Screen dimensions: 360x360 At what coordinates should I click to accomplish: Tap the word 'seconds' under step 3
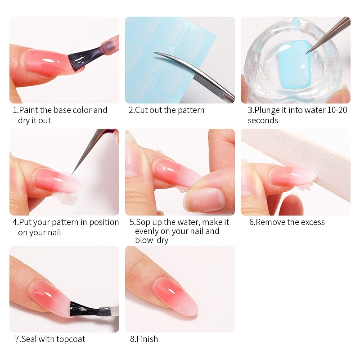pyautogui.click(x=263, y=121)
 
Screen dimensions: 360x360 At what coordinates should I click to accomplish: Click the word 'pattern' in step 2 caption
pyautogui.click(x=191, y=110)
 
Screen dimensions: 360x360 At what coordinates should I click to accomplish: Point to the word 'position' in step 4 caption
pyautogui.click(x=104, y=222)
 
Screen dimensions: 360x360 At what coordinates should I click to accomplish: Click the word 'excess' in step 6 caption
pyautogui.click(x=312, y=222)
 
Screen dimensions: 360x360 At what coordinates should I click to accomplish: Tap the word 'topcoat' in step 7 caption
pyautogui.click(x=71, y=339)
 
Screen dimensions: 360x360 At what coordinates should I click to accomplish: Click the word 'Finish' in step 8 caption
pyautogui.click(x=147, y=339)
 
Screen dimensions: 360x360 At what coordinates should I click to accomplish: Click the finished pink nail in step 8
pyautogui.click(x=175, y=296)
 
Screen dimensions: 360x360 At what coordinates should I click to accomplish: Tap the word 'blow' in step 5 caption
pyautogui.click(x=144, y=240)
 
